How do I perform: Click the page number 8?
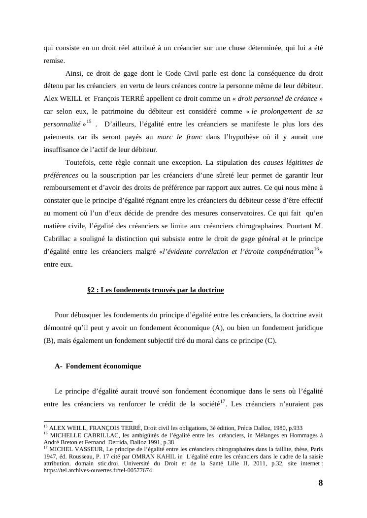[320, 483]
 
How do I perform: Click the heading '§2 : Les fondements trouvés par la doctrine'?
[156, 290]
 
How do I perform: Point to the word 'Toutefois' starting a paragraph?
[80, 162]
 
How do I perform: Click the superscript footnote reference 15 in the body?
[89, 122]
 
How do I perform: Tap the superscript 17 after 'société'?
[223, 401]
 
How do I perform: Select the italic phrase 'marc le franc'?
[179, 137]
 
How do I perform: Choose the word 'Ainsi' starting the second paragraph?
[74, 74]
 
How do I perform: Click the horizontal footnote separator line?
[88, 421]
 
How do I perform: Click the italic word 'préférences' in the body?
[61, 175]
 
